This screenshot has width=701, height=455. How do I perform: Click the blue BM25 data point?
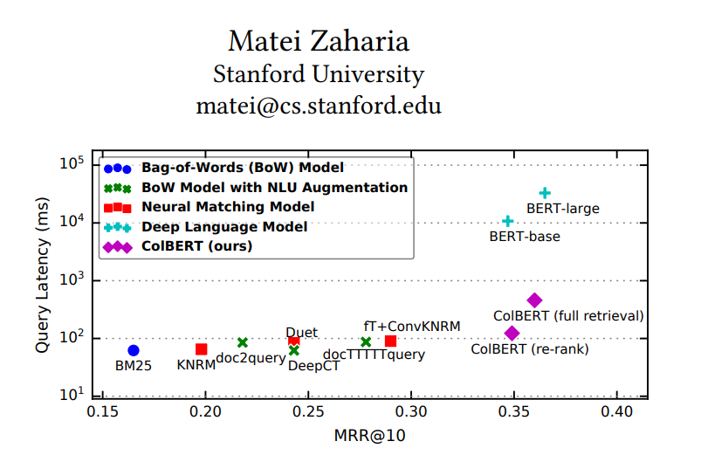coord(134,350)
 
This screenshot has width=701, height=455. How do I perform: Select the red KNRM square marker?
coord(202,349)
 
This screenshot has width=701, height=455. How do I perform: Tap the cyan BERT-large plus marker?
coord(545,193)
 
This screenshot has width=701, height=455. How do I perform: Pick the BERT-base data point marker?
coord(508,221)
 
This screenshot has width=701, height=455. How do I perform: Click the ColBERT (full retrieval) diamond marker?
coord(534,300)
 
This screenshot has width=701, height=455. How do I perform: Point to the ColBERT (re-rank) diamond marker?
coord(512,333)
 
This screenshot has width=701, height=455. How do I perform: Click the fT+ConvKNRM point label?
coord(411,326)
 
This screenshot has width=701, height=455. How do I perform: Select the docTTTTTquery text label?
coord(374,355)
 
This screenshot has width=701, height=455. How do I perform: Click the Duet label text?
coord(301,332)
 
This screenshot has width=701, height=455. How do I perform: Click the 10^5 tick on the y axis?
coord(71,164)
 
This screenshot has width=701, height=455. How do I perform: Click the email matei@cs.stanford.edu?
coord(319,107)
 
